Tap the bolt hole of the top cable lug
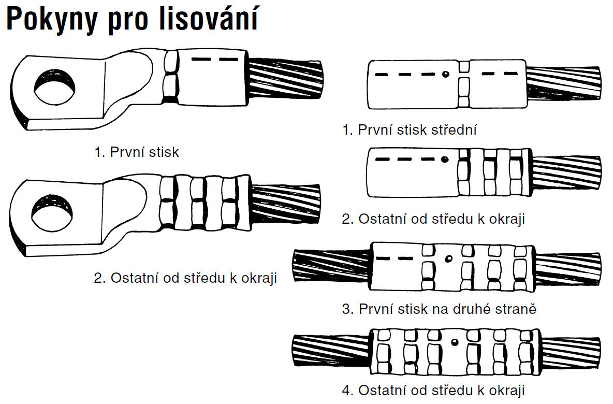tap(53, 87)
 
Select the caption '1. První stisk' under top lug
tap(137, 152)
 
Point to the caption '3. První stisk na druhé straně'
tap(439, 309)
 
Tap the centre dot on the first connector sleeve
tap(445, 74)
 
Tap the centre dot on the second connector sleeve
tap(444, 159)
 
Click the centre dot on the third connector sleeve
tap(449, 258)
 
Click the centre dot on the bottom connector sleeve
tap(454, 342)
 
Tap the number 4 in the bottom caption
tap(346, 390)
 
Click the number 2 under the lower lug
tap(98, 278)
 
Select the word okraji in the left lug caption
tap(259, 278)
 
